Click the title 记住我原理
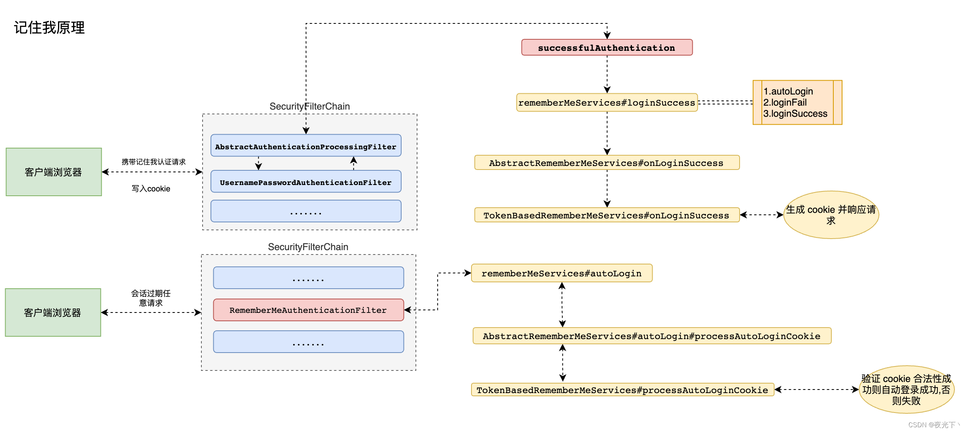pyautogui.click(x=49, y=28)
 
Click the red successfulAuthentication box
pyautogui.click(x=607, y=48)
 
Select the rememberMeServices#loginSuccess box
pyautogui.click(x=607, y=103)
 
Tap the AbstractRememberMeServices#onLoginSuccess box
pyautogui.click(x=607, y=163)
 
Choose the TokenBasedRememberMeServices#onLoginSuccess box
pyautogui.click(x=607, y=215)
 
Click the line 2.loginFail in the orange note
pyautogui.click(x=785, y=102)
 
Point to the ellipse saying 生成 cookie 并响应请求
pyautogui.click(x=831, y=215)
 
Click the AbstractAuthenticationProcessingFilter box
pyautogui.click(x=305, y=146)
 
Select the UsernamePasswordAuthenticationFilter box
pyautogui.click(x=305, y=182)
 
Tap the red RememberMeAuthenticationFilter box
pyautogui.click(x=308, y=310)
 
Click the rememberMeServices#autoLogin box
pyautogui.click(x=561, y=273)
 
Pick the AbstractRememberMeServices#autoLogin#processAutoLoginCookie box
pyautogui.click(x=651, y=336)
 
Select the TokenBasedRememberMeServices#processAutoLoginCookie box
pyautogui.click(x=622, y=390)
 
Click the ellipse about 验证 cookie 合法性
pyautogui.click(x=906, y=390)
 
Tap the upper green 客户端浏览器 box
pyautogui.click(x=54, y=172)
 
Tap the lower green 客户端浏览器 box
pyautogui.click(x=53, y=312)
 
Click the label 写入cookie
pyautogui.click(x=151, y=189)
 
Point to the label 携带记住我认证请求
pyautogui.click(x=153, y=162)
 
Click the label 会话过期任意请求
pyautogui.click(x=151, y=298)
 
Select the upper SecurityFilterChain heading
pyautogui.click(x=309, y=106)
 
